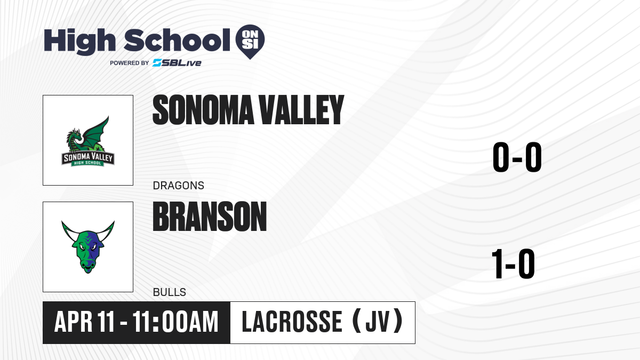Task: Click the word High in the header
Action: [x=79, y=41]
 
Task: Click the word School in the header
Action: [x=177, y=40]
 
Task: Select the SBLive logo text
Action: [x=177, y=63]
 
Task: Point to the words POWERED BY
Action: [x=130, y=63]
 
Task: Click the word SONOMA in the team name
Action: [x=203, y=110]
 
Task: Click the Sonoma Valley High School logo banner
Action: [x=88, y=159]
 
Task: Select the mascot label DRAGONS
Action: [x=179, y=186]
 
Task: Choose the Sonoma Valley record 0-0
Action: [x=517, y=157]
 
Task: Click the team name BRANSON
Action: [x=210, y=217]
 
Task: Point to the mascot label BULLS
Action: [x=170, y=292]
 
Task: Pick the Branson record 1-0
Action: [x=513, y=263]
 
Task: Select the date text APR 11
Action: [x=84, y=322]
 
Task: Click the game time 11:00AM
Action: [x=175, y=322]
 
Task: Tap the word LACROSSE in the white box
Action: [x=292, y=322]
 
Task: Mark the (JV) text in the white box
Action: [x=378, y=322]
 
